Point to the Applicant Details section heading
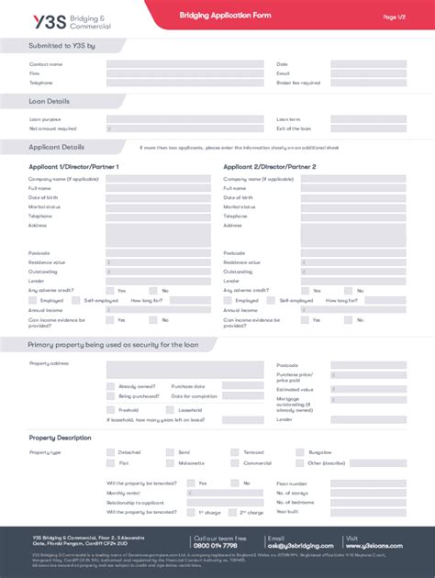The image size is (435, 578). pyautogui.click(x=57, y=147)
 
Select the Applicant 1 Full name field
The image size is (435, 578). pyautogui.click(x=158, y=188)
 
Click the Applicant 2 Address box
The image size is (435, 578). pyautogui.click(x=353, y=234)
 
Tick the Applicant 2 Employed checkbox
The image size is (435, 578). pyautogui.click(x=229, y=300)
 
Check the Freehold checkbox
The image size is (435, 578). pyautogui.click(x=110, y=410)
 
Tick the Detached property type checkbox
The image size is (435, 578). pyautogui.click(x=110, y=452)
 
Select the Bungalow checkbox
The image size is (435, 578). pyautogui.click(x=301, y=452)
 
